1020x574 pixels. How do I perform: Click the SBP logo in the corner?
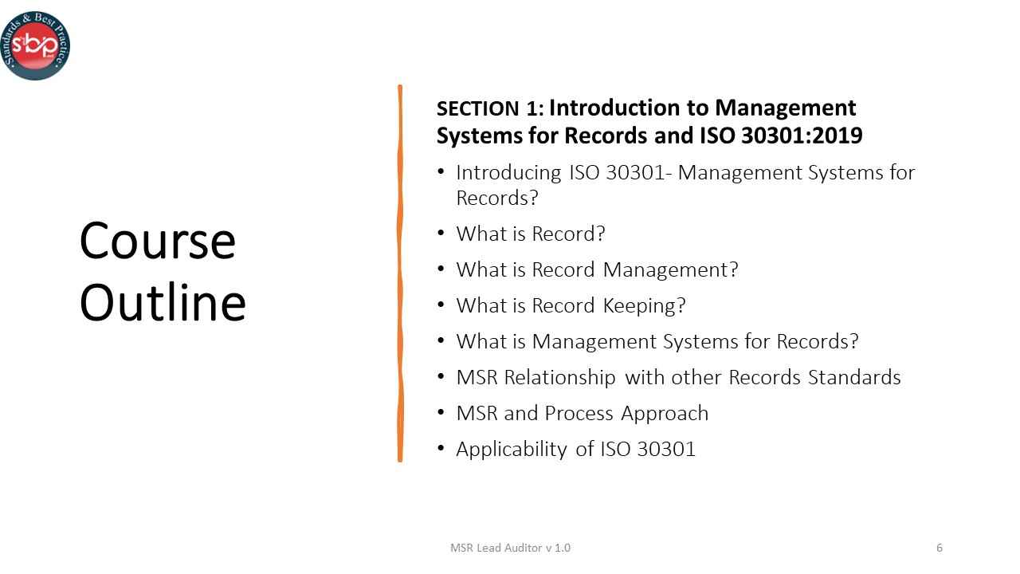tap(35, 45)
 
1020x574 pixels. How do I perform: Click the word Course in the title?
tap(158, 241)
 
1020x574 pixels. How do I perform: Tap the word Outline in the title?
tap(163, 303)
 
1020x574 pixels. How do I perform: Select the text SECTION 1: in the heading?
tap(490, 109)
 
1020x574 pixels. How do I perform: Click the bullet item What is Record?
tap(531, 234)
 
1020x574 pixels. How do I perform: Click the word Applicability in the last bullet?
tap(511, 449)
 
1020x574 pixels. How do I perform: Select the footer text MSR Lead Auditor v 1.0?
tap(510, 548)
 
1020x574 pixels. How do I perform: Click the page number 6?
tap(940, 548)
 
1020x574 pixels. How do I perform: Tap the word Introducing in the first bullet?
tap(508, 172)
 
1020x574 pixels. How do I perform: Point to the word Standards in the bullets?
tap(854, 377)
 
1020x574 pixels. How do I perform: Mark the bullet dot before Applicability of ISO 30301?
tap(441, 448)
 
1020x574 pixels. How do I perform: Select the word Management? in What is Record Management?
tap(671, 269)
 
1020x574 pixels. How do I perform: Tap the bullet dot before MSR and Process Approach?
tap(441, 412)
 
